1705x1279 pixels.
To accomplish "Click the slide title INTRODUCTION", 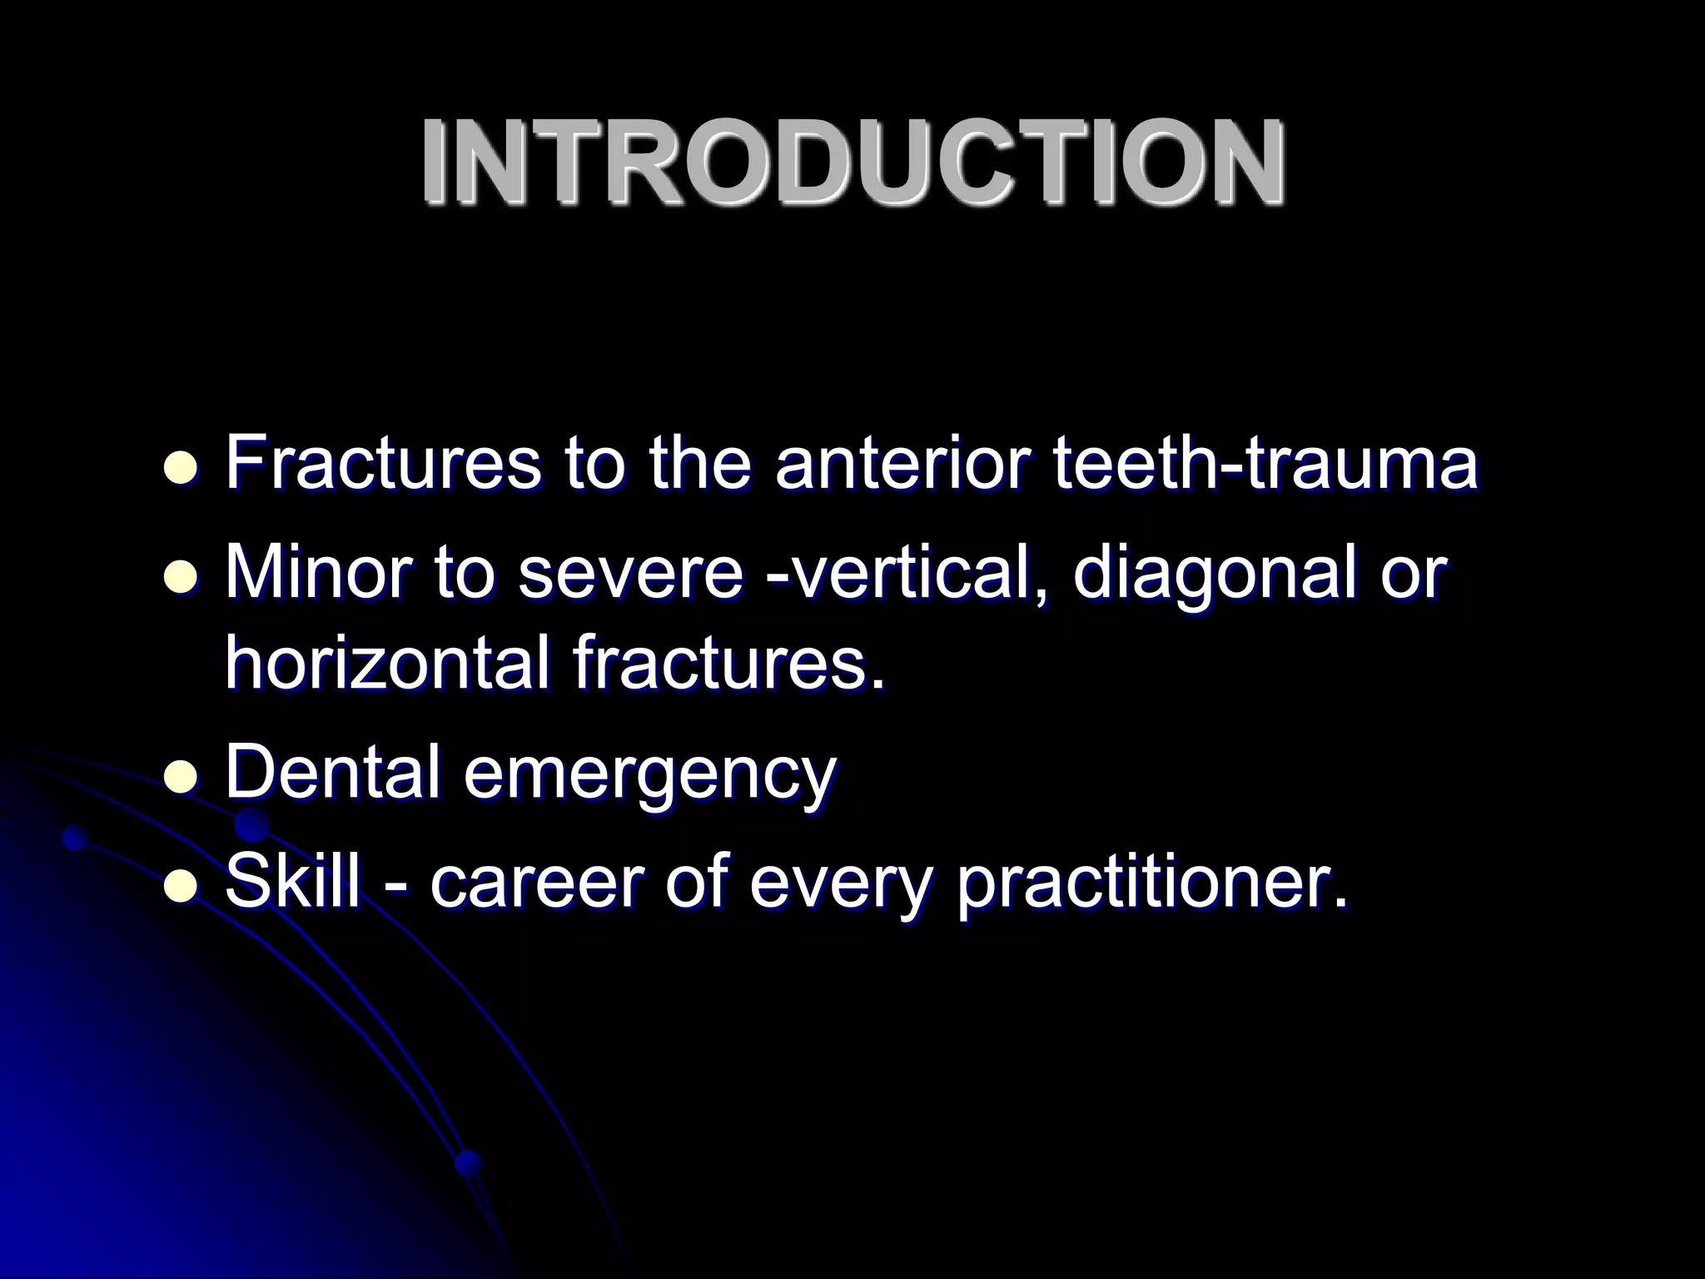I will (852, 162).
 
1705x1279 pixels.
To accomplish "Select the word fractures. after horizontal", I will (728, 663).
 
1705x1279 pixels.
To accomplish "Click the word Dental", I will (333, 771).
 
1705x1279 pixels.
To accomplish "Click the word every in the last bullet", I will (839, 884).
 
